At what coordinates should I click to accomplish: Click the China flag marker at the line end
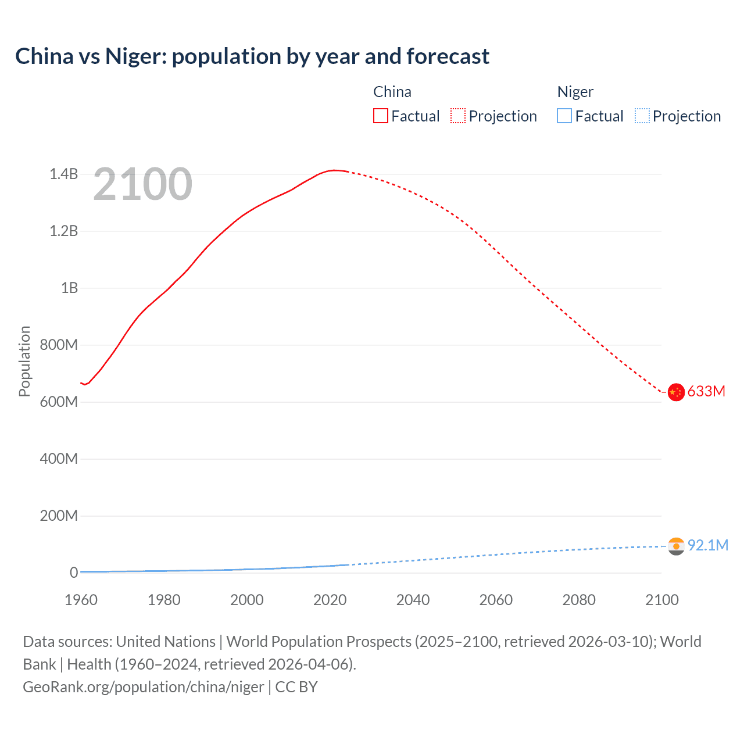(675, 392)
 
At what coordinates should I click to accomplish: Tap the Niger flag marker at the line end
(675, 546)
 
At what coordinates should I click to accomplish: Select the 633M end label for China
(706, 392)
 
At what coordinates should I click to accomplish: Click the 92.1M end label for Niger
(707, 545)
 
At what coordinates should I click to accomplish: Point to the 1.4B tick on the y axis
(63, 174)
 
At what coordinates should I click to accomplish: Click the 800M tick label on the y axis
(59, 345)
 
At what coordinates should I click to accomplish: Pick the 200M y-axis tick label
(59, 516)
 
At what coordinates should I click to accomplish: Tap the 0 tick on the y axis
(74, 573)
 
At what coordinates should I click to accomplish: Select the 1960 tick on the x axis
(81, 600)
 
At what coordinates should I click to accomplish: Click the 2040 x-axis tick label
(413, 600)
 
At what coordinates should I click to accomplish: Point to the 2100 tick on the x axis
(661, 600)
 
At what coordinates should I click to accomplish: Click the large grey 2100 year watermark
(142, 184)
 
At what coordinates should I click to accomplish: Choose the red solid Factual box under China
(380, 116)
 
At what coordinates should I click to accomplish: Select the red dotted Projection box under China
(458, 116)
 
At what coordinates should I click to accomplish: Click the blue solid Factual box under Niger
(564, 116)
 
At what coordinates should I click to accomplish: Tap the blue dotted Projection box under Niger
(642, 116)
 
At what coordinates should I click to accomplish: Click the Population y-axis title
(24, 361)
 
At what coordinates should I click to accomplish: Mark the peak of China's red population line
(334, 170)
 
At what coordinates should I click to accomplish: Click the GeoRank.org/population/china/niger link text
(144, 687)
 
